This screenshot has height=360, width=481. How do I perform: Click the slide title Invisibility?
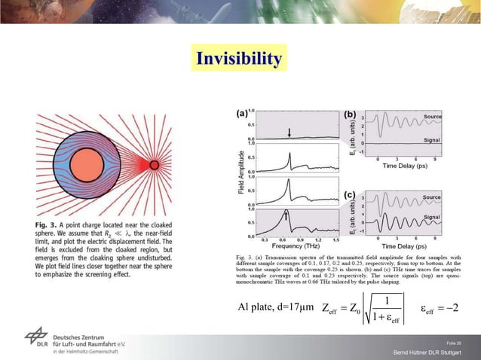[240, 59]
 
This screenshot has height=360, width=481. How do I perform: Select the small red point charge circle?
[154, 165]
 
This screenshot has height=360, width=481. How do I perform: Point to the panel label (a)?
[243, 114]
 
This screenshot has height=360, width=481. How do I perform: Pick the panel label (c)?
[350, 195]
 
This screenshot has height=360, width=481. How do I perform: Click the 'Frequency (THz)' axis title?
[293, 246]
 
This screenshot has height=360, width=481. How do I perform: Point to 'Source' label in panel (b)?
[432, 117]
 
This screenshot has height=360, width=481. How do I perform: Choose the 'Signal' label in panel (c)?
[432, 217]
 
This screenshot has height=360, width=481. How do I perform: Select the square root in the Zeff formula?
[384, 308]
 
